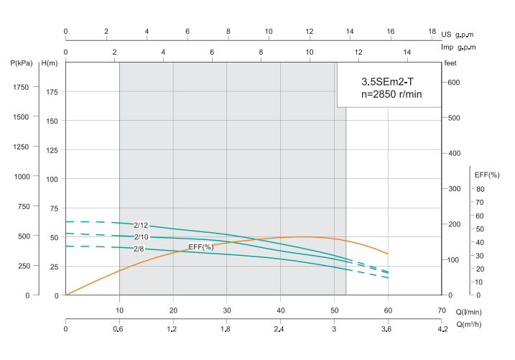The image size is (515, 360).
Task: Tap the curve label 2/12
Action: [141, 225]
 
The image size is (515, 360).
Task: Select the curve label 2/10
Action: [141, 237]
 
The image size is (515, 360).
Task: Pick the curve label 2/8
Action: [139, 249]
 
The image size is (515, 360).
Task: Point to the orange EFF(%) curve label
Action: [201, 247]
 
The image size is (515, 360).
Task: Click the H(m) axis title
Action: [50, 63]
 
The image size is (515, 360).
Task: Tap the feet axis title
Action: [450, 63]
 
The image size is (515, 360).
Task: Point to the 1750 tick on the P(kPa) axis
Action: [21, 87]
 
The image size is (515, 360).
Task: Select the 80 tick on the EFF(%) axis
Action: [480, 189]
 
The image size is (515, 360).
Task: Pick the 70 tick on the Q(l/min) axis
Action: [441, 310]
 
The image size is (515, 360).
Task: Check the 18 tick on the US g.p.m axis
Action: [432, 32]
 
